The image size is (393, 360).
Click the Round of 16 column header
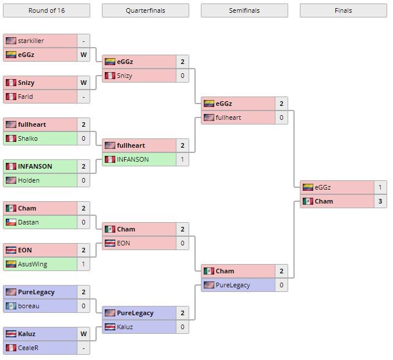[x=47, y=10]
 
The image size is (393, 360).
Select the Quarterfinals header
[x=145, y=10]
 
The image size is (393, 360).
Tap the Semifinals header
[x=244, y=10]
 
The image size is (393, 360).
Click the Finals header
[x=343, y=10]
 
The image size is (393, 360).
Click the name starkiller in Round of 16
[x=31, y=41]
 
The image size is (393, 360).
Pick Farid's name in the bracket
[x=26, y=97]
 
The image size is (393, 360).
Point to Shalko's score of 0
[x=83, y=138]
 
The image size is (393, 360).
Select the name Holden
[x=29, y=180]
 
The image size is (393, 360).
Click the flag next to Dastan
[x=10, y=222]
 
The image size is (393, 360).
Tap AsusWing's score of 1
[x=83, y=264]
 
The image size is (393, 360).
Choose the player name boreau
[x=29, y=306]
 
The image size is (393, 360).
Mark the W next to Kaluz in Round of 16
[x=83, y=334]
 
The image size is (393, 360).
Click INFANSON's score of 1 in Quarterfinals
[x=182, y=159]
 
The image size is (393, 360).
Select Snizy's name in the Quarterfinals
[x=125, y=76]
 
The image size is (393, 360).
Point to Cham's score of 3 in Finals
[x=380, y=201]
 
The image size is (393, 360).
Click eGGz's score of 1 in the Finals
[x=380, y=187]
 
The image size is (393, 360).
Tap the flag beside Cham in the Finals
[x=307, y=201]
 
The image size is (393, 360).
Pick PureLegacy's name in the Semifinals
[x=233, y=285]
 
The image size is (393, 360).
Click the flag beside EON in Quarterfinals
[x=109, y=243]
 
